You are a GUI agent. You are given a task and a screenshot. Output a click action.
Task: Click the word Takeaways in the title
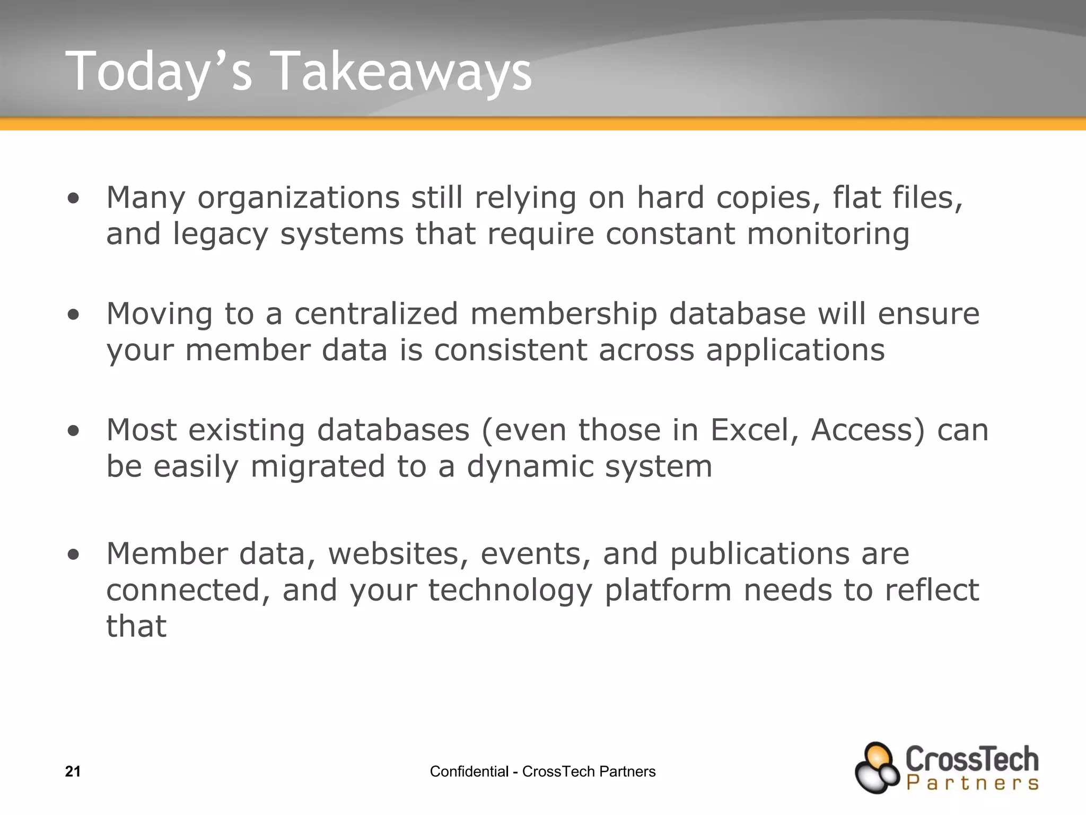point(403,72)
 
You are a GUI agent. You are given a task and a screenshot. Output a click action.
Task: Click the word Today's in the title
point(159,72)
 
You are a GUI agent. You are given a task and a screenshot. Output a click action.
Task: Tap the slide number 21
point(73,771)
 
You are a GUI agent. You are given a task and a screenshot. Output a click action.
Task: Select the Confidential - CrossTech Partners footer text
point(542,771)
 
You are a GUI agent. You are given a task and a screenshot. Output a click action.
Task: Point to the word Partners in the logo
point(973,783)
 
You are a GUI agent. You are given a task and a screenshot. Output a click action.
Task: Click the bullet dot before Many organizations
point(74,198)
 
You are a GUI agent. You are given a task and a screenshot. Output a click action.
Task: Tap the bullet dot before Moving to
point(74,315)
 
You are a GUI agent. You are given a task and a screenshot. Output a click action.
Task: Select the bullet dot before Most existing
point(74,431)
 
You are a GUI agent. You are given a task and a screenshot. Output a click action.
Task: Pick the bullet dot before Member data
point(74,555)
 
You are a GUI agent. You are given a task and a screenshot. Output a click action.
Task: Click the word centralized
point(376,314)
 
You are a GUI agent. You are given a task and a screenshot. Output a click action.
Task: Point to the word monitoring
point(828,234)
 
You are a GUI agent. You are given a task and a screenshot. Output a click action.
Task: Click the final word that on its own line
point(136,626)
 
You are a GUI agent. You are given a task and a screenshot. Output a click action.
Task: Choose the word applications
point(795,351)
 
